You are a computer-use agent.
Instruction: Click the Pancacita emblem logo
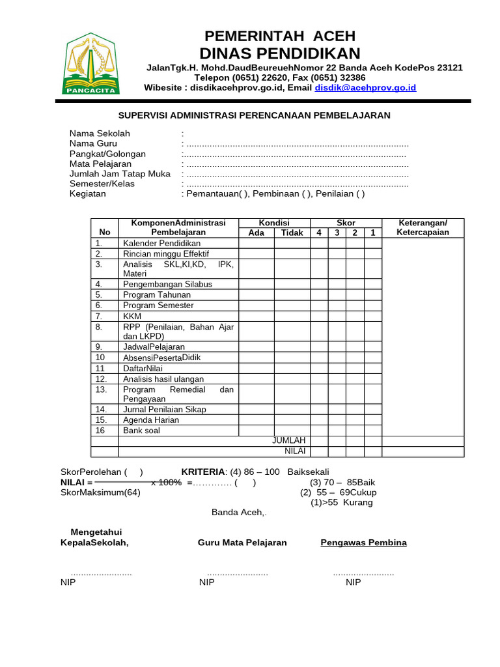point(91,63)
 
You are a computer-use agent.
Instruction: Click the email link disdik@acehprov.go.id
point(365,87)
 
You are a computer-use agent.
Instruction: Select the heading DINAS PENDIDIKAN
point(279,53)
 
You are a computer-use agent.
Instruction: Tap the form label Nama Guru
point(93,144)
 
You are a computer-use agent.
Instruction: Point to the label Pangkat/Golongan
point(107,154)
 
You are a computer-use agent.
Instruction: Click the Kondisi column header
point(274,223)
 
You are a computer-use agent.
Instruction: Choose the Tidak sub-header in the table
point(292,233)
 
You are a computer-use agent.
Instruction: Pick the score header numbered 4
point(319,233)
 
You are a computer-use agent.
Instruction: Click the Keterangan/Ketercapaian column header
point(423,227)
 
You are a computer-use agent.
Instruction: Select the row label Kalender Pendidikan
point(161,244)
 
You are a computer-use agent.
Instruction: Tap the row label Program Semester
point(157,305)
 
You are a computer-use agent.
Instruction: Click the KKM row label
point(132,316)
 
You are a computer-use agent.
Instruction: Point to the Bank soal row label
point(141,431)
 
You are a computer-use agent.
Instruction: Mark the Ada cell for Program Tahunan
point(257,294)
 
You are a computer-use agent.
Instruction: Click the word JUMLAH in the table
point(288,441)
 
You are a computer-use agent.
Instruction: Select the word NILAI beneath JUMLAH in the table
point(294,451)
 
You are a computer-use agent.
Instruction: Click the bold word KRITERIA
point(202,472)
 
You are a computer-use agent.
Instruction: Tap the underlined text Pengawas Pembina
point(363,543)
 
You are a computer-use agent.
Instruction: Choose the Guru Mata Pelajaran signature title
point(242,543)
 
